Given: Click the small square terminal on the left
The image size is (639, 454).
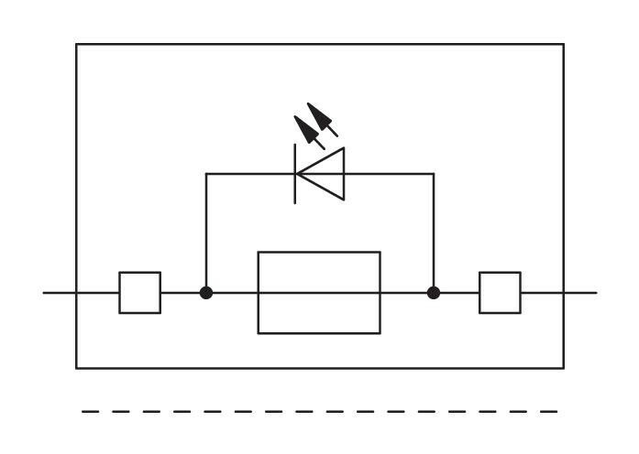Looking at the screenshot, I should [x=139, y=293].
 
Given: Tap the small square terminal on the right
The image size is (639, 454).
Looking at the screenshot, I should [x=500, y=293].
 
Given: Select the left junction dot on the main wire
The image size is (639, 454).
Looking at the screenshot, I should [x=206, y=293].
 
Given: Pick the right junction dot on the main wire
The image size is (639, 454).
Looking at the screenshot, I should [x=434, y=293].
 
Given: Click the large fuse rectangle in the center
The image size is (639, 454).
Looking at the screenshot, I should [x=319, y=293].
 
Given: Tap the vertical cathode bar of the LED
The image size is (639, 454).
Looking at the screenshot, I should [x=295, y=174].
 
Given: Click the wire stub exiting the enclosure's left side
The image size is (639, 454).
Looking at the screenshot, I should [x=60, y=293].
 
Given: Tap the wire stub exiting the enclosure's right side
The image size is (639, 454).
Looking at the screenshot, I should [x=580, y=293].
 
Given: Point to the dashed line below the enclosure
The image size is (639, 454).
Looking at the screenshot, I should [x=319, y=412].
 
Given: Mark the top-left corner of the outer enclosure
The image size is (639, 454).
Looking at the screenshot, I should [x=76, y=44].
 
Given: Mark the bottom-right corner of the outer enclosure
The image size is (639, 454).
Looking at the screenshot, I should [x=564, y=368].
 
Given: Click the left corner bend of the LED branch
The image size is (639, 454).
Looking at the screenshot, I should [x=206, y=174].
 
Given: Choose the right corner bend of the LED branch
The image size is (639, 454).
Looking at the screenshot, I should [x=434, y=174].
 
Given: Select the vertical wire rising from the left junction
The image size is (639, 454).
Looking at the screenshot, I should [x=206, y=233].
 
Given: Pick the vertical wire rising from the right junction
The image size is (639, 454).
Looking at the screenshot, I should [x=434, y=233].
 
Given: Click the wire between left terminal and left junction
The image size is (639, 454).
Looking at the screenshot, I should [x=182, y=293].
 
